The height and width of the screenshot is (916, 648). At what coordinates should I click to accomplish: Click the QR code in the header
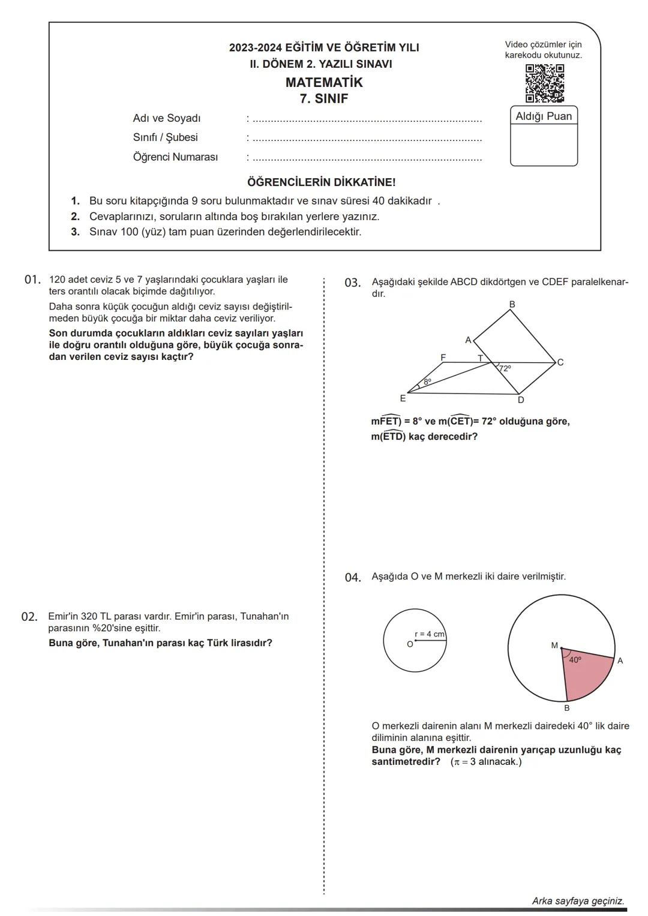(544, 83)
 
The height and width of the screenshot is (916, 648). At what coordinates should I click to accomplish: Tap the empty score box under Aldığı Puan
(544, 145)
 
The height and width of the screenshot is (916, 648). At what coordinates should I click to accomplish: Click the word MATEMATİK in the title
(324, 83)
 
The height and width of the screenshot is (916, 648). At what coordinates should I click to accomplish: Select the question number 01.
(32, 280)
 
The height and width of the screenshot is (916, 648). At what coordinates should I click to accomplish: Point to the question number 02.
(29, 617)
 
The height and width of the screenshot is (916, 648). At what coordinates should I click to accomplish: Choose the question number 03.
(353, 283)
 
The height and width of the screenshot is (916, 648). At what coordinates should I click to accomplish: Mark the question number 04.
(353, 578)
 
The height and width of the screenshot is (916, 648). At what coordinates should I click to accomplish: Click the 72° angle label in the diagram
(505, 369)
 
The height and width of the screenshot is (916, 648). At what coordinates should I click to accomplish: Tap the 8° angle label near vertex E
(427, 382)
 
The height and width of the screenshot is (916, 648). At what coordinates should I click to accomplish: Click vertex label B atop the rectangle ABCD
(512, 305)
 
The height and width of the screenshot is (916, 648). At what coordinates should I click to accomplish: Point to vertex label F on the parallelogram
(443, 358)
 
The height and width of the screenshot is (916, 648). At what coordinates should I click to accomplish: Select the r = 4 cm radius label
(430, 634)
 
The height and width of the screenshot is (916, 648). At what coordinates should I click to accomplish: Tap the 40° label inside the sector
(575, 660)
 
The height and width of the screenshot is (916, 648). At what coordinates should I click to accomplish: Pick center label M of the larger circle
(554, 645)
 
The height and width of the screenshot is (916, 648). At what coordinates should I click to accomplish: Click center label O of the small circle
(410, 644)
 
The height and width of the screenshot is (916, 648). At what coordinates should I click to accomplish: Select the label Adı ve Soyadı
(167, 119)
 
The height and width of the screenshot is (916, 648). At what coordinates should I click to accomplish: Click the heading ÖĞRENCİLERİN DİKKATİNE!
(321, 182)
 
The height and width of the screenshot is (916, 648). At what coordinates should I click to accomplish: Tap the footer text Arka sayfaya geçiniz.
(578, 901)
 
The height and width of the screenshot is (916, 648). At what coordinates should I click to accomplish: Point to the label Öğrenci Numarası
(175, 157)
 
